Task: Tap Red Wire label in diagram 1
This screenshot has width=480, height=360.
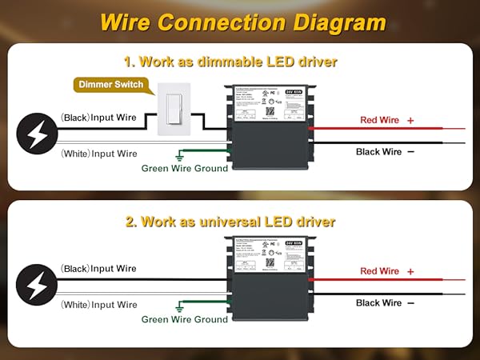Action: pyautogui.click(x=378, y=120)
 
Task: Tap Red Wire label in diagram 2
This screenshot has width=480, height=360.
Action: pyautogui.click(x=379, y=271)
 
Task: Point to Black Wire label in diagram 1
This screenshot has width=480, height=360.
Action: pyautogui.click(x=379, y=150)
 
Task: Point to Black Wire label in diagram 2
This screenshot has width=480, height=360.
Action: pyautogui.click(x=379, y=302)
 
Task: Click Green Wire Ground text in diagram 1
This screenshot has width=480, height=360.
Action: pyautogui.click(x=185, y=168)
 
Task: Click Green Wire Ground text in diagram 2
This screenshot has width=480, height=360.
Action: pyautogui.click(x=185, y=319)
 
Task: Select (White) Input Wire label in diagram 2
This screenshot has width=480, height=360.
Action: pyautogui.click(x=99, y=305)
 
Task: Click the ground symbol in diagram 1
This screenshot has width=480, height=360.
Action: pyautogui.click(x=182, y=155)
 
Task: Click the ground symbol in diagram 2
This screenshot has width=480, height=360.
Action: pyautogui.click(x=182, y=306)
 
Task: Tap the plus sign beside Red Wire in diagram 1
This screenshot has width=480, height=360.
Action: pyautogui.click(x=410, y=120)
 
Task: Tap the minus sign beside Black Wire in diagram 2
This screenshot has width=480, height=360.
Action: pyautogui.click(x=410, y=303)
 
